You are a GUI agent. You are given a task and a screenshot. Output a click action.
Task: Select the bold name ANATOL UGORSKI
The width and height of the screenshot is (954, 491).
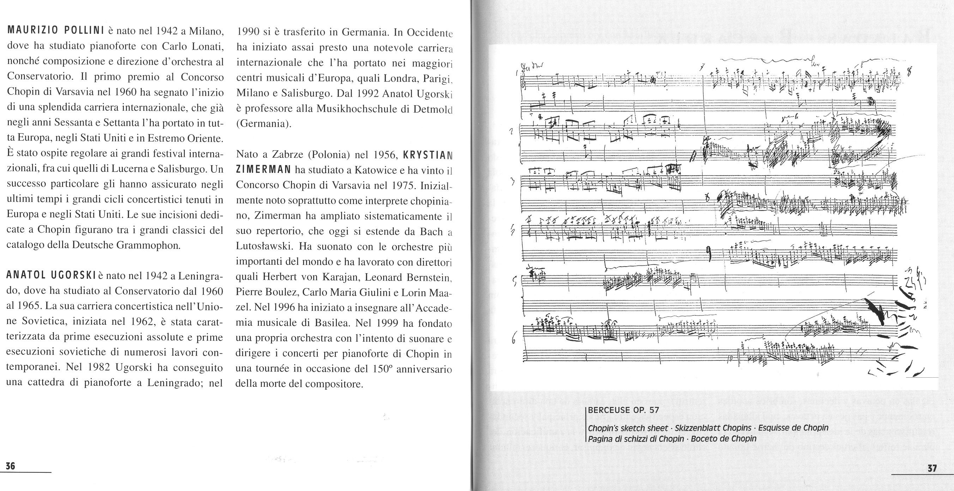point(51,275)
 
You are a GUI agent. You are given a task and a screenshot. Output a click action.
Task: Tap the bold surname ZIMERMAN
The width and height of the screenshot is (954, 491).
point(263,170)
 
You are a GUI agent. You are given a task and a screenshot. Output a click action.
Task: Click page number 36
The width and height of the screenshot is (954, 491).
point(10,466)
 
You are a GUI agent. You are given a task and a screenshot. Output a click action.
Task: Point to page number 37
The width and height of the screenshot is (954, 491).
point(932,468)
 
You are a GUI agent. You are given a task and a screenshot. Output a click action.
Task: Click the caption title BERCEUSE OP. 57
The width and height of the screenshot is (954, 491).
point(623,410)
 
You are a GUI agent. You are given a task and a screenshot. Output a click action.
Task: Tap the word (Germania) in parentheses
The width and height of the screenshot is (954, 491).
point(264,124)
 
